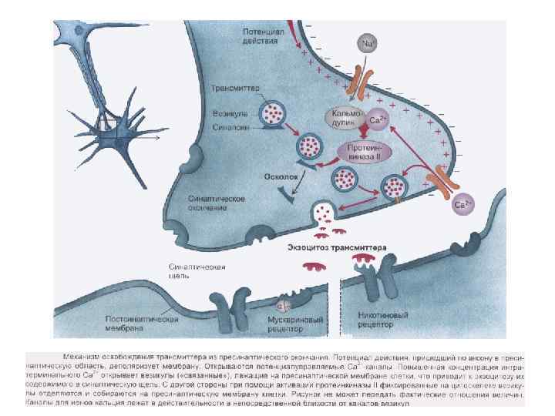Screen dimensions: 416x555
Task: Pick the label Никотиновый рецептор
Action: [x=375, y=320]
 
